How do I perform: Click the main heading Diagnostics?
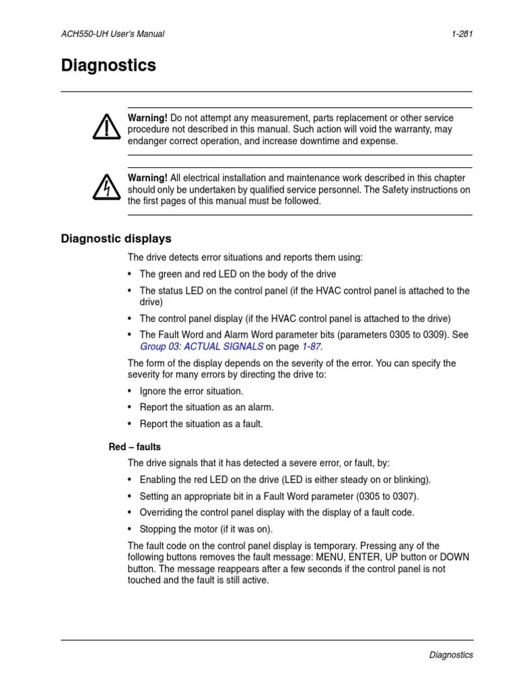point(108,65)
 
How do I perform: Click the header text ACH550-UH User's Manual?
point(112,34)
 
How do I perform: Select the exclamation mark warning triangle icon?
point(104,127)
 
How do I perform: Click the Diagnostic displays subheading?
point(116,239)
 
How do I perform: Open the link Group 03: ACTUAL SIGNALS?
point(201,347)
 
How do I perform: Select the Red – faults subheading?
point(135,447)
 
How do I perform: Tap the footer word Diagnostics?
point(450,655)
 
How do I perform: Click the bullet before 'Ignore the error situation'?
point(130,391)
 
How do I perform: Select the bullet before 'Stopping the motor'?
point(130,529)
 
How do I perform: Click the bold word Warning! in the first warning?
point(147,118)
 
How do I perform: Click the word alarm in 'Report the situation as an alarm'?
point(261,408)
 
